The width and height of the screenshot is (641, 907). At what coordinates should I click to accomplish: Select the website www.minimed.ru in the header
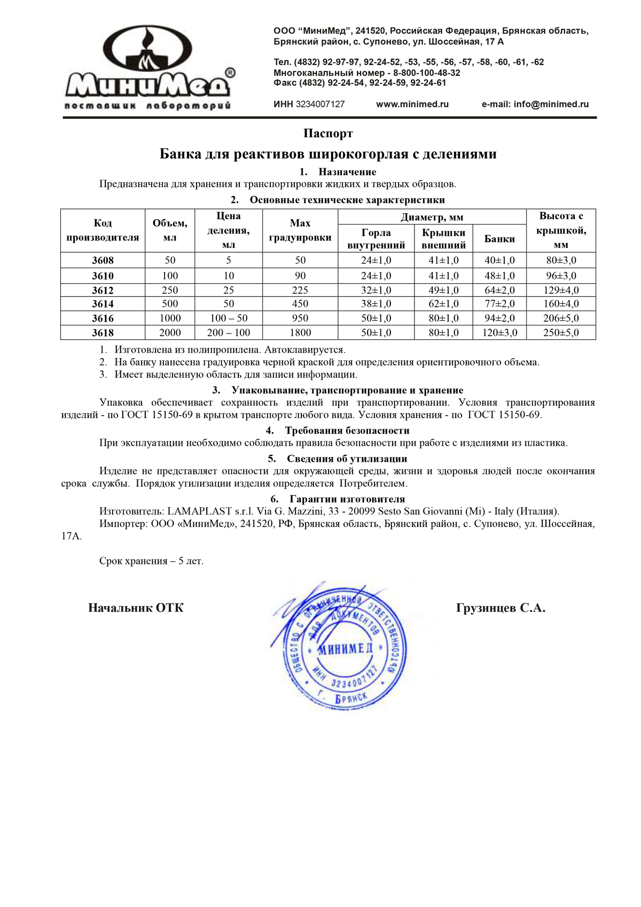(x=412, y=104)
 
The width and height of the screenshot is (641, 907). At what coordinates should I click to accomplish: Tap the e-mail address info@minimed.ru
(x=535, y=104)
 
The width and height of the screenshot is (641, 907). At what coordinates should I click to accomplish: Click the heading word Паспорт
(x=328, y=133)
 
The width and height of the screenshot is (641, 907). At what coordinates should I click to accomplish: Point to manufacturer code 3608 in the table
(x=103, y=260)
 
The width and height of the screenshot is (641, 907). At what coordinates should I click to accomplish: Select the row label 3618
(x=103, y=332)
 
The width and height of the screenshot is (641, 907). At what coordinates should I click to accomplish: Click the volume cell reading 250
(x=170, y=290)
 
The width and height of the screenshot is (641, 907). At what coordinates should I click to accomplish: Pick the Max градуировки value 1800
(x=300, y=332)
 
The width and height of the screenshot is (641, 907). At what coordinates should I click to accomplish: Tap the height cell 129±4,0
(x=560, y=290)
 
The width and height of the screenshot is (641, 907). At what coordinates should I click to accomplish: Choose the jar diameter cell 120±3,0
(x=499, y=332)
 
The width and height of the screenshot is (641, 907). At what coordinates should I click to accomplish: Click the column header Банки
(x=499, y=239)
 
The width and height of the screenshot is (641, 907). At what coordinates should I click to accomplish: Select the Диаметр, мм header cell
(x=432, y=217)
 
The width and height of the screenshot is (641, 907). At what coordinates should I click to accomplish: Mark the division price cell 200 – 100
(x=229, y=332)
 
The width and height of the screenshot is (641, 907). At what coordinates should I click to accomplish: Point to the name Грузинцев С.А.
(x=501, y=608)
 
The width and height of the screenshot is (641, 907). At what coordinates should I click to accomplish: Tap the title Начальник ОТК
(x=136, y=608)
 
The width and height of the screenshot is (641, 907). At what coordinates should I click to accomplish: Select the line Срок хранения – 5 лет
(x=151, y=561)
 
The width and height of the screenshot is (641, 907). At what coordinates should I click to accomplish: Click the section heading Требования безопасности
(x=347, y=430)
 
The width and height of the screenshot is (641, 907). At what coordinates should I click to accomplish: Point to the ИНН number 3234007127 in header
(x=320, y=104)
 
